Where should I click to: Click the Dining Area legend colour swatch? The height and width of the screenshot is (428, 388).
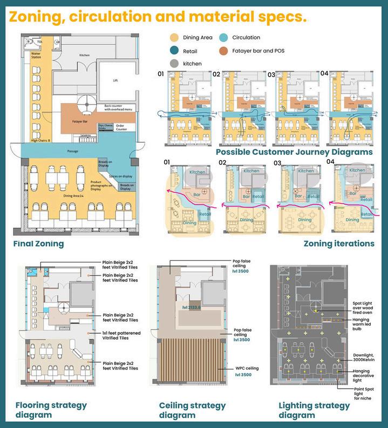pyautogui.click(x=174, y=38)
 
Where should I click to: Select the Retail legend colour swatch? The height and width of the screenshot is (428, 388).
pyautogui.click(x=174, y=51)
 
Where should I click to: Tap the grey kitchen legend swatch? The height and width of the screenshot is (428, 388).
pyautogui.click(x=174, y=64)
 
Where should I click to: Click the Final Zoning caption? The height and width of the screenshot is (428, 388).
pyautogui.click(x=38, y=244)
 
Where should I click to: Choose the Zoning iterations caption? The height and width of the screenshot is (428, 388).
pyautogui.click(x=339, y=244)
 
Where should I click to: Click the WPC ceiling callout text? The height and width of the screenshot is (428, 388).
pyautogui.click(x=247, y=368)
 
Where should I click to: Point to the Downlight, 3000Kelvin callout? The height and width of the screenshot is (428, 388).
pyautogui.click(x=364, y=357)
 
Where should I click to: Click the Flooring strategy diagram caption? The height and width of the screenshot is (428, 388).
pyautogui.click(x=51, y=410)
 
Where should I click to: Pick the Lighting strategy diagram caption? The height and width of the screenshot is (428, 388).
pyautogui.click(x=314, y=410)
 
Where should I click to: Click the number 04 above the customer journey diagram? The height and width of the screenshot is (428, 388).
pyautogui.click(x=324, y=73)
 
